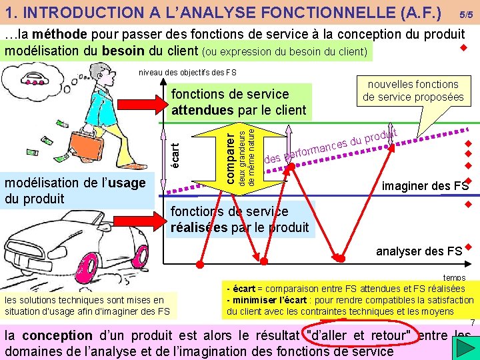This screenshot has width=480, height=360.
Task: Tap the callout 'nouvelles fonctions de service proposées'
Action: point(413,91)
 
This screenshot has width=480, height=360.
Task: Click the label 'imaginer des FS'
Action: point(425,186)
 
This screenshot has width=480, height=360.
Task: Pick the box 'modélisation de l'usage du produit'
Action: point(77,190)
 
